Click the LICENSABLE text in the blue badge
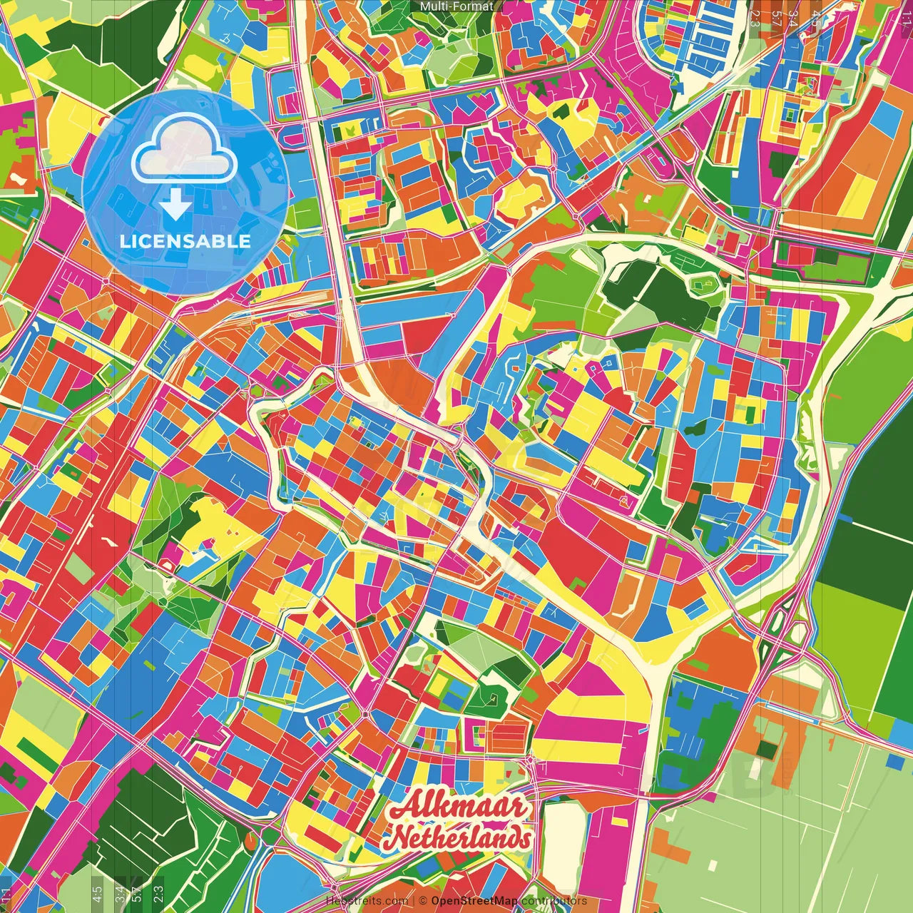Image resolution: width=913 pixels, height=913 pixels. coord(185,241)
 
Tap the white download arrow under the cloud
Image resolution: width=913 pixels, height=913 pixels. coord(175,205)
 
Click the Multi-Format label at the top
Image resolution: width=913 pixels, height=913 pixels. coord(456,6)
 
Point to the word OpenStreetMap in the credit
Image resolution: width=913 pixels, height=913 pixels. coord(474,901)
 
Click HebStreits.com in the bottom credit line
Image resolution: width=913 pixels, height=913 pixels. coord(367,901)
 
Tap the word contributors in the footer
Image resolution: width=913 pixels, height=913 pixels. coord(554,901)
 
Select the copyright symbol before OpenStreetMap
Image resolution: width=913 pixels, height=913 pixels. coord(423,901)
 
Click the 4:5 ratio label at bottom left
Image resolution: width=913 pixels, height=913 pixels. coord(97,892)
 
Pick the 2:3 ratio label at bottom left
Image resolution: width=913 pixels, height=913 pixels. coord(158,892)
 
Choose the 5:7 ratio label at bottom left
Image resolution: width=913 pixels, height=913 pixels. coord(137,892)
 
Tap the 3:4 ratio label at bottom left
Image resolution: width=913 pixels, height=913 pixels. coord(119,892)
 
